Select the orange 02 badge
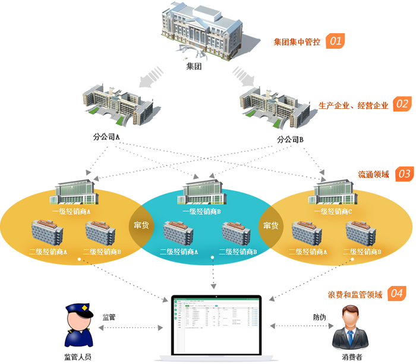point(402,105)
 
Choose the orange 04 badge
point(396,294)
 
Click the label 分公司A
point(107,137)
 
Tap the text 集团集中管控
point(297,42)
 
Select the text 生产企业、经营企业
point(354,105)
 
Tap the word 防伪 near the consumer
point(320,317)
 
